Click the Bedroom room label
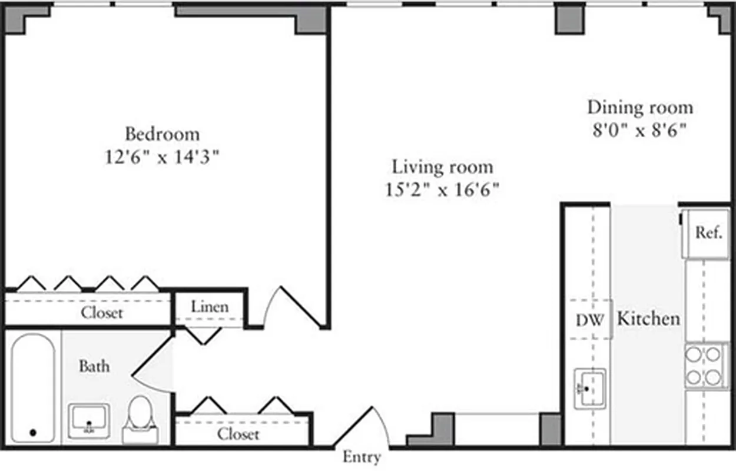162,134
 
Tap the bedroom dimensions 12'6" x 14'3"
162,158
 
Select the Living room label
443,167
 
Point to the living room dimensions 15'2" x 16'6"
443,190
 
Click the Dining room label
640,108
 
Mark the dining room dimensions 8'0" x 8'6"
640,130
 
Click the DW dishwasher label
590,321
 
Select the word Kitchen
648,319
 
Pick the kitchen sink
590,388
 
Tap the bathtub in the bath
33,389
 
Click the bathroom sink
88,420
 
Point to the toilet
140,419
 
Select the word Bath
94,366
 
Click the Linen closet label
210,307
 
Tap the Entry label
362,457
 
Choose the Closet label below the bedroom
102,313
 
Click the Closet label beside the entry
238,434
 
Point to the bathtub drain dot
33,433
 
